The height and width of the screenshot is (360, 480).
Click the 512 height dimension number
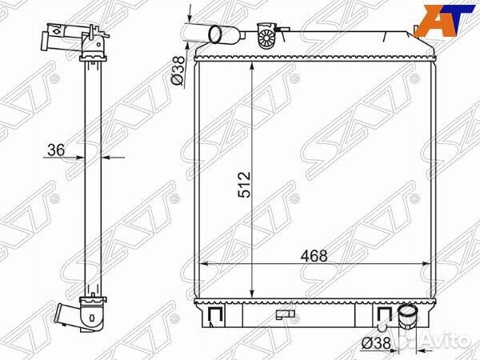click(x=244, y=185)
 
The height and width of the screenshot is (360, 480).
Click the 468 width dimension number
click(x=314, y=256)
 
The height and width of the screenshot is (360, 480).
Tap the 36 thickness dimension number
click(x=56, y=150)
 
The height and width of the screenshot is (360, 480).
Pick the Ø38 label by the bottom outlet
click(x=376, y=343)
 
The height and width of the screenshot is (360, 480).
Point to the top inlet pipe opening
click(x=215, y=34)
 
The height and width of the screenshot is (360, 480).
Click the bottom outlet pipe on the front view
click(x=407, y=317)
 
